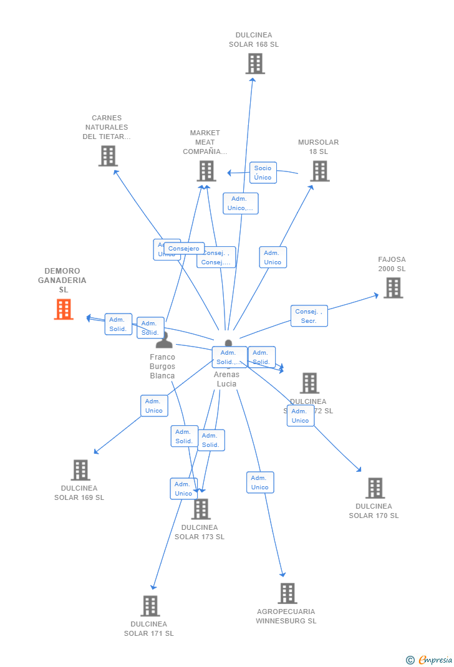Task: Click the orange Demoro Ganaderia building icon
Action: [x=64, y=309]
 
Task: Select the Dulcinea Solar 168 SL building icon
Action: [x=254, y=64]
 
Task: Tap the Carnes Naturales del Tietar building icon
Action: [x=108, y=156]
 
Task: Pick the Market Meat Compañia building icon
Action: [x=206, y=171]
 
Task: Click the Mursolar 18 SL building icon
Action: [x=319, y=171]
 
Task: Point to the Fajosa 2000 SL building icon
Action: [x=393, y=288]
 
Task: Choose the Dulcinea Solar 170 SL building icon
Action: [x=375, y=488]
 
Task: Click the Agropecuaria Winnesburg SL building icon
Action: [x=287, y=593]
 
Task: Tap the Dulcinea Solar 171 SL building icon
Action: [x=150, y=606]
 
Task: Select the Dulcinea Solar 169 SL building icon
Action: [x=80, y=470]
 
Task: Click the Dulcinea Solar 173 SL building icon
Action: [x=201, y=509]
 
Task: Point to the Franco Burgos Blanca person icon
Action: [x=164, y=340]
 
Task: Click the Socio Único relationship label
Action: [x=263, y=173]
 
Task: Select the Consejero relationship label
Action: [x=184, y=249]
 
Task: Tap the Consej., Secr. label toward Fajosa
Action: [x=309, y=316]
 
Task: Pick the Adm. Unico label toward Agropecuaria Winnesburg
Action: [x=260, y=482]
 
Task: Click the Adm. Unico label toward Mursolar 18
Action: [x=273, y=257]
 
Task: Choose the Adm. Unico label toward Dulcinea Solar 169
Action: [x=154, y=406]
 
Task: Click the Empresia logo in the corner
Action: [x=430, y=660]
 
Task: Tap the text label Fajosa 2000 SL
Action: [x=392, y=264]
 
